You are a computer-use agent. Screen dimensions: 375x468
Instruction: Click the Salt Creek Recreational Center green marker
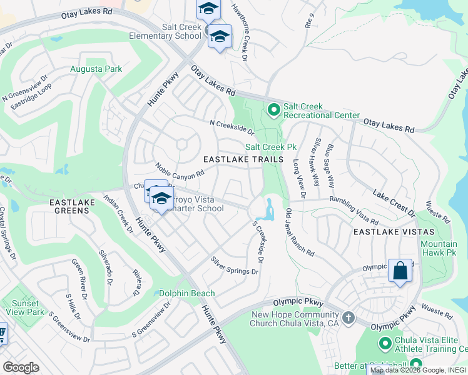pyautogui.click(x=273, y=110)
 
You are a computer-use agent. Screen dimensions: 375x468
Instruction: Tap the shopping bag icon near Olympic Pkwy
pyautogui.click(x=400, y=271)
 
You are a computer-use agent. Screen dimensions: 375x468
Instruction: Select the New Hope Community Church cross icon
pyautogui.click(x=348, y=317)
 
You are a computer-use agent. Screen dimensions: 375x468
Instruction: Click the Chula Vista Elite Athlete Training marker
pyautogui.click(x=385, y=342)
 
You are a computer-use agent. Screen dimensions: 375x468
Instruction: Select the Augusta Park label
pyautogui.click(x=96, y=69)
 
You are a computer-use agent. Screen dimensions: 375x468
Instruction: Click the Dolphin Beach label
pyautogui.click(x=186, y=293)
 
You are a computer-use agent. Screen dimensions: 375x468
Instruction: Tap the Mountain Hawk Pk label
pyautogui.click(x=439, y=249)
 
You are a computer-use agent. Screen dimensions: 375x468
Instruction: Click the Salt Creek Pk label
pyautogui.click(x=270, y=147)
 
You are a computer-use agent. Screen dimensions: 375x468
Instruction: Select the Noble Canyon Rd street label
pyautogui.click(x=180, y=169)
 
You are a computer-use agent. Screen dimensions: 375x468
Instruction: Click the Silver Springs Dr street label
pyautogui.click(x=235, y=266)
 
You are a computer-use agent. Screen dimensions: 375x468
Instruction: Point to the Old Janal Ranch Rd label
pyautogui.click(x=300, y=232)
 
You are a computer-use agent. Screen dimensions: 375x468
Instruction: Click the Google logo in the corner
pyautogui.click(x=21, y=367)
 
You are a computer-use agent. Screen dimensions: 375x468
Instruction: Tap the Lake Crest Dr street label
pyautogui.click(x=394, y=200)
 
